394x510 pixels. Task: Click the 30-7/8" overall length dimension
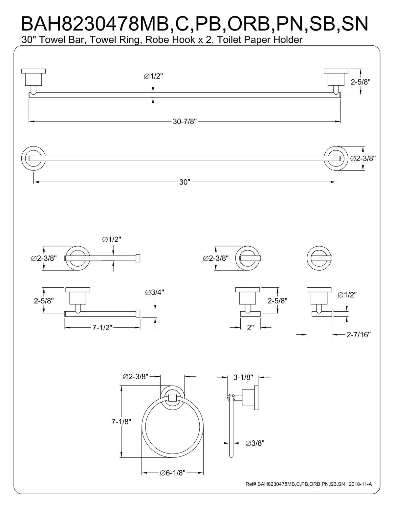coord(185,122)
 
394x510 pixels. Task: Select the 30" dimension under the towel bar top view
coord(185,182)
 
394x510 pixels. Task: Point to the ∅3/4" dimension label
coord(154,292)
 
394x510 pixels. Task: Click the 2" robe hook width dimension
coord(250,327)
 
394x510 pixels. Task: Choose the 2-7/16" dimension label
coord(358,335)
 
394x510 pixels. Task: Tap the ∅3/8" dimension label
coord(255,443)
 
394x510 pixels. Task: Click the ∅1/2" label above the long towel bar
coord(153,76)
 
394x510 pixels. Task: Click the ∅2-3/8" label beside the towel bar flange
coord(363,158)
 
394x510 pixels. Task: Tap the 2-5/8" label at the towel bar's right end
coord(361,82)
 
